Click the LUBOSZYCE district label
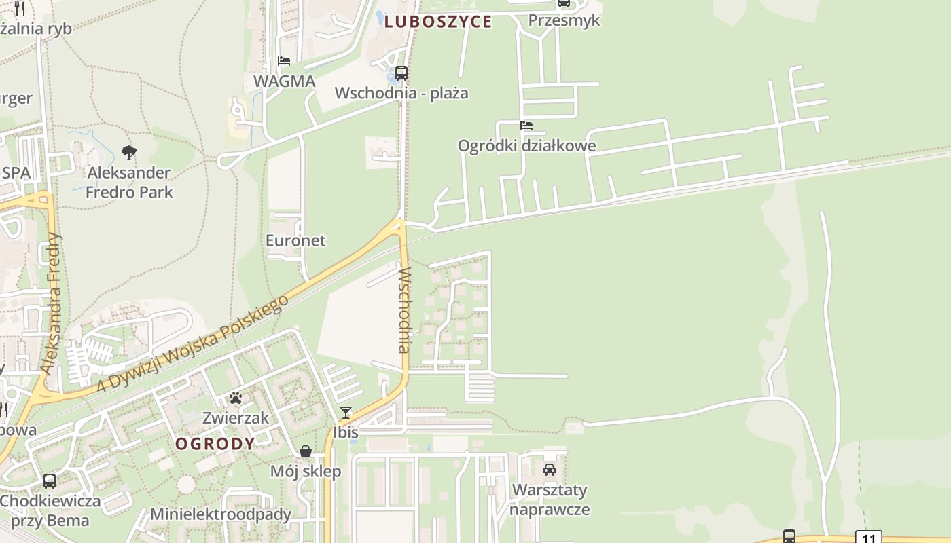pos(437,22)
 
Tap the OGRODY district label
pos(215,444)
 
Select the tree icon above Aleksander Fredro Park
pos(128,153)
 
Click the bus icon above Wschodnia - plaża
pos(401,73)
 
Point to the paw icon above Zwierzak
pos(236,398)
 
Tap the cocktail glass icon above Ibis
pos(346,412)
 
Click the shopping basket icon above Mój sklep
pos(306,451)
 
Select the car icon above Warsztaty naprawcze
pos(550,469)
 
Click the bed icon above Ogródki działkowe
pos(526,126)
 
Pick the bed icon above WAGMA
pos(284,61)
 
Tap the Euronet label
pos(295,240)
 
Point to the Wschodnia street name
pos(405,310)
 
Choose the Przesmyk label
pos(564,20)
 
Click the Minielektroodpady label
pos(221,514)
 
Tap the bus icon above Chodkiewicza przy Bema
pos(50,481)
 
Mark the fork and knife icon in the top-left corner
pos(20,8)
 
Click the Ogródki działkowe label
pos(526,145)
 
